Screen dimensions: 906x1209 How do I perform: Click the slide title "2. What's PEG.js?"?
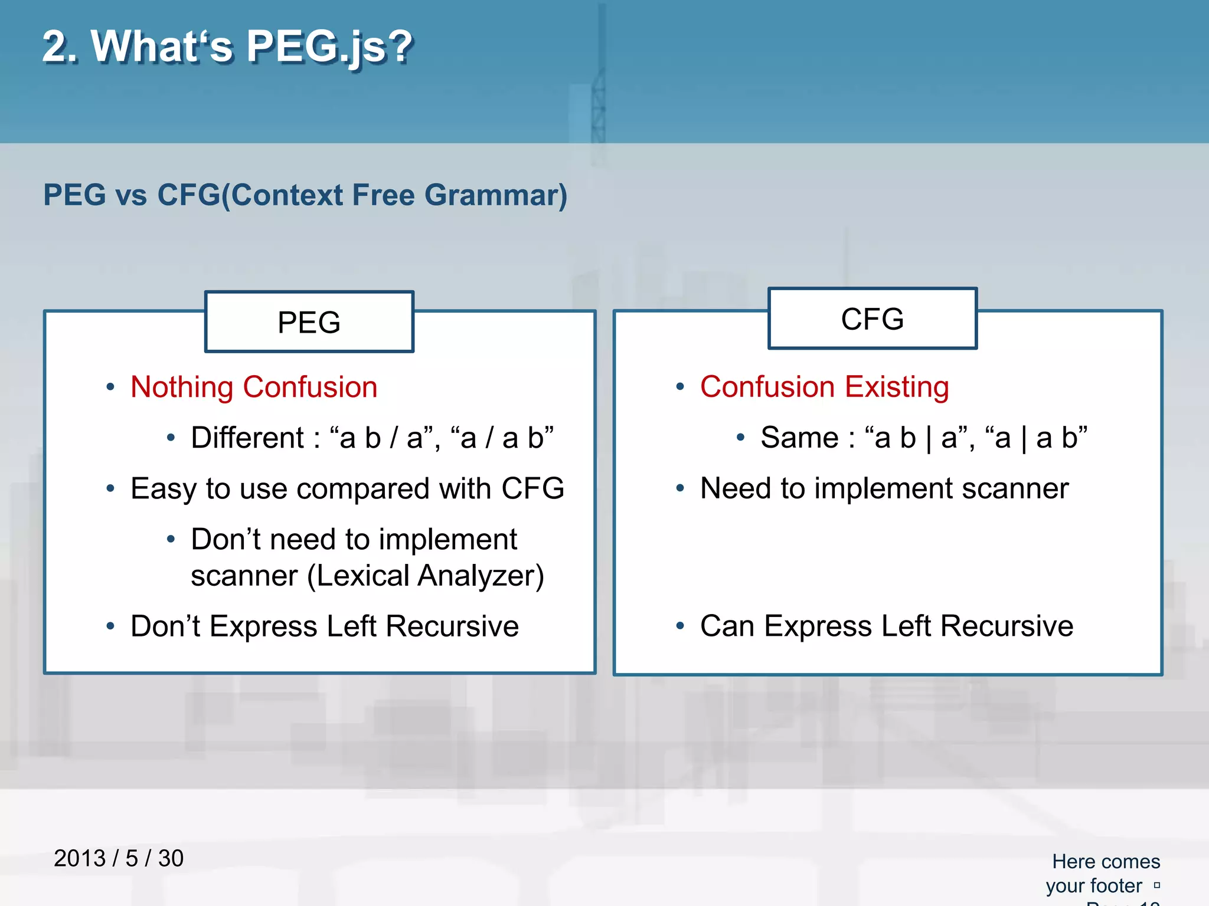pos(227,47)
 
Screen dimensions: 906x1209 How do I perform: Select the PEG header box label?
pos(309,323)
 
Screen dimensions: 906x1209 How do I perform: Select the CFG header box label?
pos(872,319)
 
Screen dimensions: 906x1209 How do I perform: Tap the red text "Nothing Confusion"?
pos(254,388)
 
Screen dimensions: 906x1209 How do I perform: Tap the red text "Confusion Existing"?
pos(824,388)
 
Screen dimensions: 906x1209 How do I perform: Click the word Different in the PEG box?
pos(247,438)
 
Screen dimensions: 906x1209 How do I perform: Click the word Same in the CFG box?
pos(799,438)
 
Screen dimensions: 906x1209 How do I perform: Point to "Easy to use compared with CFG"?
pos(347,489)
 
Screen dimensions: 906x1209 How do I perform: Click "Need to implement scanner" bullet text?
pos(884,489)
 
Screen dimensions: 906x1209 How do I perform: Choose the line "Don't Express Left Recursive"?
pos(324,626)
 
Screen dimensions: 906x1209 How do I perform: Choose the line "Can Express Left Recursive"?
pos(886,626)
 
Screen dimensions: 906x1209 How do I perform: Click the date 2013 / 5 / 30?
pos(119,858)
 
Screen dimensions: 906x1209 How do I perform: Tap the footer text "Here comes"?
pos(1106,862)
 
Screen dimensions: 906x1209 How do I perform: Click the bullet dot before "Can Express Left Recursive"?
pos(680,626)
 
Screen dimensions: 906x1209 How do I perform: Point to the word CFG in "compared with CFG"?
pos(532,489)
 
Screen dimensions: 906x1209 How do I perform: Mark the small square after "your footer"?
pos(1157,885)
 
